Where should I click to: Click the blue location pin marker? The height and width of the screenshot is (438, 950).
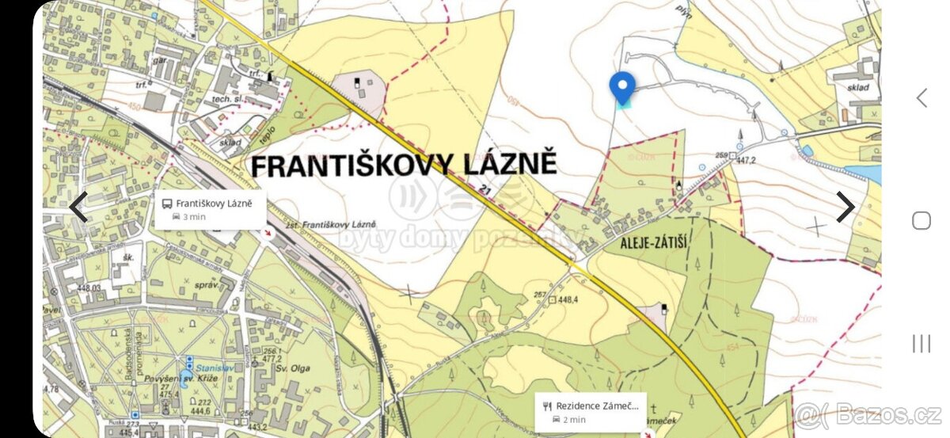[622, 87]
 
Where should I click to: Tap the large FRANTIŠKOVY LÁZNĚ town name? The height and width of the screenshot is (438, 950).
[404, 164]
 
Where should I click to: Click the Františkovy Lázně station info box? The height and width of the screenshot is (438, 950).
[211, 210]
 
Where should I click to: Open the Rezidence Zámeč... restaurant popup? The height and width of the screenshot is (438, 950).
[591, 412]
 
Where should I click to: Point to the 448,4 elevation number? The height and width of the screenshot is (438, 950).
[568, 300]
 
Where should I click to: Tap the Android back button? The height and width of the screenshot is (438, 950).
[921, 97]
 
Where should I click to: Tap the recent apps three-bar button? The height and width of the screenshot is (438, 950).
[921, 343]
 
